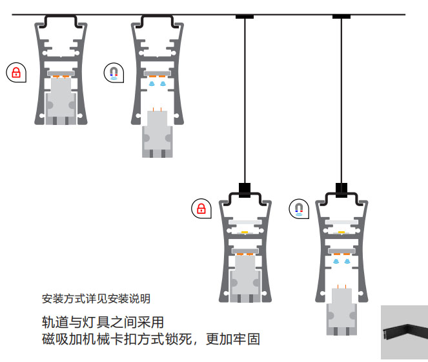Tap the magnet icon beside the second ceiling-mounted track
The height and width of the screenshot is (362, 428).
(x=113, y=71)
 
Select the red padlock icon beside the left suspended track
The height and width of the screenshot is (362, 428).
(x=201, y=208)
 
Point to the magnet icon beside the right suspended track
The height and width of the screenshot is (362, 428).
(x=298, y=208)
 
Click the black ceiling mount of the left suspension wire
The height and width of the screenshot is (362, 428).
(x=245, y=17)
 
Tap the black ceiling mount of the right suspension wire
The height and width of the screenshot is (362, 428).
(x=341, y=17)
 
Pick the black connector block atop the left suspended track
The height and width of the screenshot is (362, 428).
(x=245, y=189)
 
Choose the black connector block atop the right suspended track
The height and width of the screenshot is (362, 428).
(x=341, y=189)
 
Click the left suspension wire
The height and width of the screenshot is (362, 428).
(x=245, y=103)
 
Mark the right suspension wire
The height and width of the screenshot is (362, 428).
(x=341, y=103)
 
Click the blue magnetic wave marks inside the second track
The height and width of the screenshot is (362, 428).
(x=158, y=84)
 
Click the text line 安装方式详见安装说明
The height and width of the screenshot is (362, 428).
(x=96, y=299)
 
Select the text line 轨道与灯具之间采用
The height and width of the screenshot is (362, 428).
(x=103, y=321)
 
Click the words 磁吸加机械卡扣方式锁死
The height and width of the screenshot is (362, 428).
(x=117, y=338)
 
